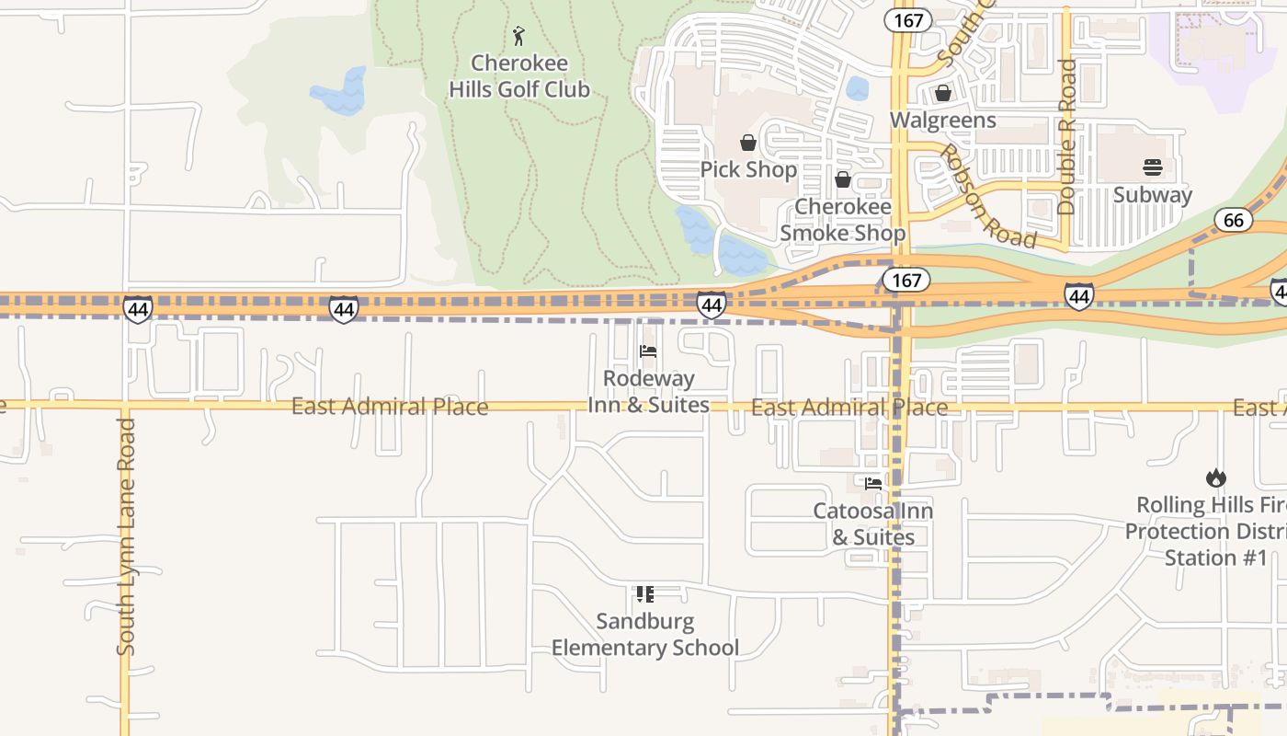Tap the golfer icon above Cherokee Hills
pos(519,37)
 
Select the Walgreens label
pos(942,121)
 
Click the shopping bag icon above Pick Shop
pos(748,144)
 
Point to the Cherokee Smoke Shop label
pos(842,220)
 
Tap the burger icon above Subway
pos(1153,167)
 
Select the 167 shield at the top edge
pos(908,20)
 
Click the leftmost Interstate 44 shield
pos(138,309)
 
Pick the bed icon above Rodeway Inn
pos(648,351)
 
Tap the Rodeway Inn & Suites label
pos(649,392)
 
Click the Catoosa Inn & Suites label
pos(872,523)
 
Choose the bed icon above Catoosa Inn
pos(872,483)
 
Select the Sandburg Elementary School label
pos(644,635)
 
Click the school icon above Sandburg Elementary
pos(645,594)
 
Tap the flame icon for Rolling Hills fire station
pos(1215,477)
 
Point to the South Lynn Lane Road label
pos(126,537)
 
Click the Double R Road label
pos(1066,136)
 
